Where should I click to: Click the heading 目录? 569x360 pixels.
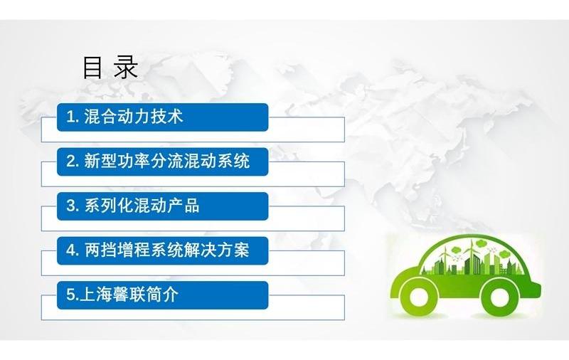[x=110, y=68]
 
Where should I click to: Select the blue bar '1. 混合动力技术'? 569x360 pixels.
[x=163, y=117]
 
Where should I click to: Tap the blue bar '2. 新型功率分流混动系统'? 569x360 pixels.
[x=163, y=162]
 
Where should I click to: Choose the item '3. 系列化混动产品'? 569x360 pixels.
[x=163, y=206]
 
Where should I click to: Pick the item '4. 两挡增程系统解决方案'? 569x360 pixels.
[x=163, y=250]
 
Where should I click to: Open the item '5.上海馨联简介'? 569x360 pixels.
[x=163, y=295]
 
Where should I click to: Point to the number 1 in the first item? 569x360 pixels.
[x=70, y=117]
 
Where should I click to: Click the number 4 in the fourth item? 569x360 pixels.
[x=71, y=250]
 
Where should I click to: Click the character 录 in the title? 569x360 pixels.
[x=126, y=68]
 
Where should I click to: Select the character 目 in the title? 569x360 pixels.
[x=92, y=68]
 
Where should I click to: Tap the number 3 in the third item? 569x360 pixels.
[x=71, y=206]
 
